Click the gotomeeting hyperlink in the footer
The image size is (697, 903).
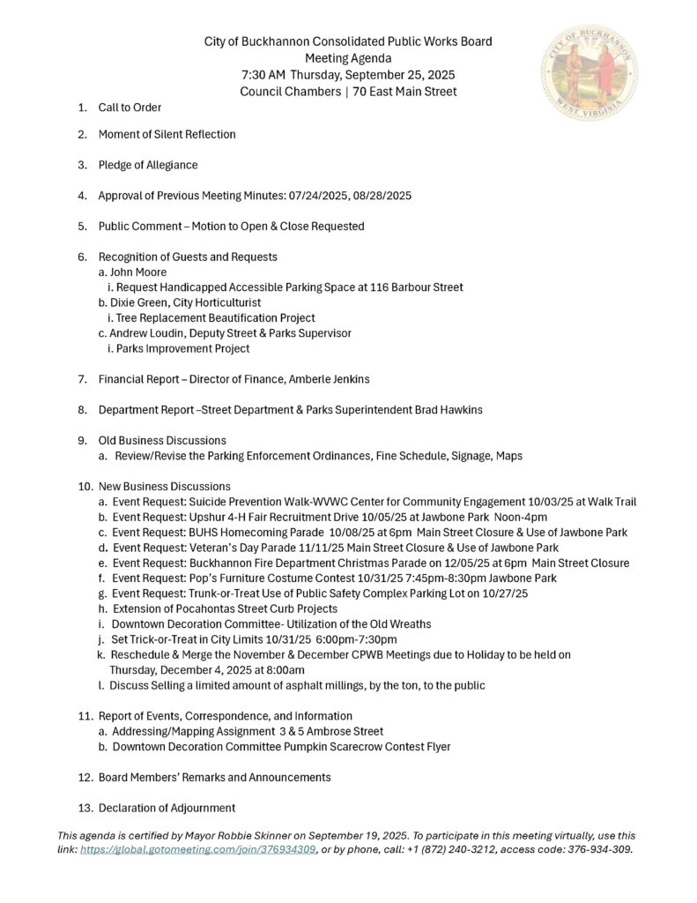198,850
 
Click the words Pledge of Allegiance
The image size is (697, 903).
148,165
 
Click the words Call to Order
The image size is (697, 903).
130,108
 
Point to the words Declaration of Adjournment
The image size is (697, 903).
167,807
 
